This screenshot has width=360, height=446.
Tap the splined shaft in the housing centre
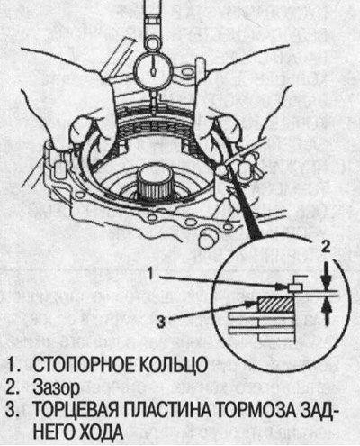(x=156, y=184)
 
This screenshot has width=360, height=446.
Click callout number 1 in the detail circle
(x=152, y=274)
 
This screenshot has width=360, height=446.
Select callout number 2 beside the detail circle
(x=325, y=247)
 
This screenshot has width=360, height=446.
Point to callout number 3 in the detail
(x=162, y=322)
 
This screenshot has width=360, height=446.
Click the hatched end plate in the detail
(x=275, y=304)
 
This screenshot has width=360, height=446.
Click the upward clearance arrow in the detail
(x=327, y=313)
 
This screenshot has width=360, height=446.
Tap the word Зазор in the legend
(x=57, y=387)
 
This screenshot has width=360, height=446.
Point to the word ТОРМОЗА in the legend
(x=251, y=410)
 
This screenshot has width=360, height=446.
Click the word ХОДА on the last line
(x=98, y=432)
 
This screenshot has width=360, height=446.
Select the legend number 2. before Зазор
(x=13, y=387)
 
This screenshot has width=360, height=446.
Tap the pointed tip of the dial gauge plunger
(x=153, y=114)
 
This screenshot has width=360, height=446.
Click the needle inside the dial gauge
(x=153, y=67)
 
